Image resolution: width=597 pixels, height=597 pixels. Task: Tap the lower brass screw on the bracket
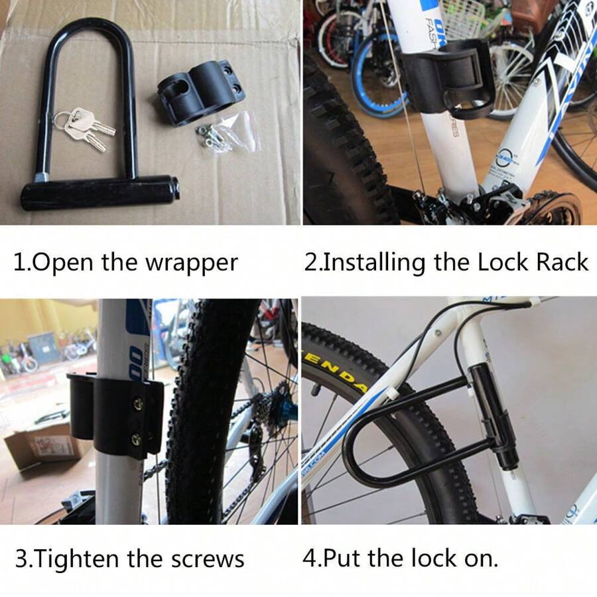point(137,438)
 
